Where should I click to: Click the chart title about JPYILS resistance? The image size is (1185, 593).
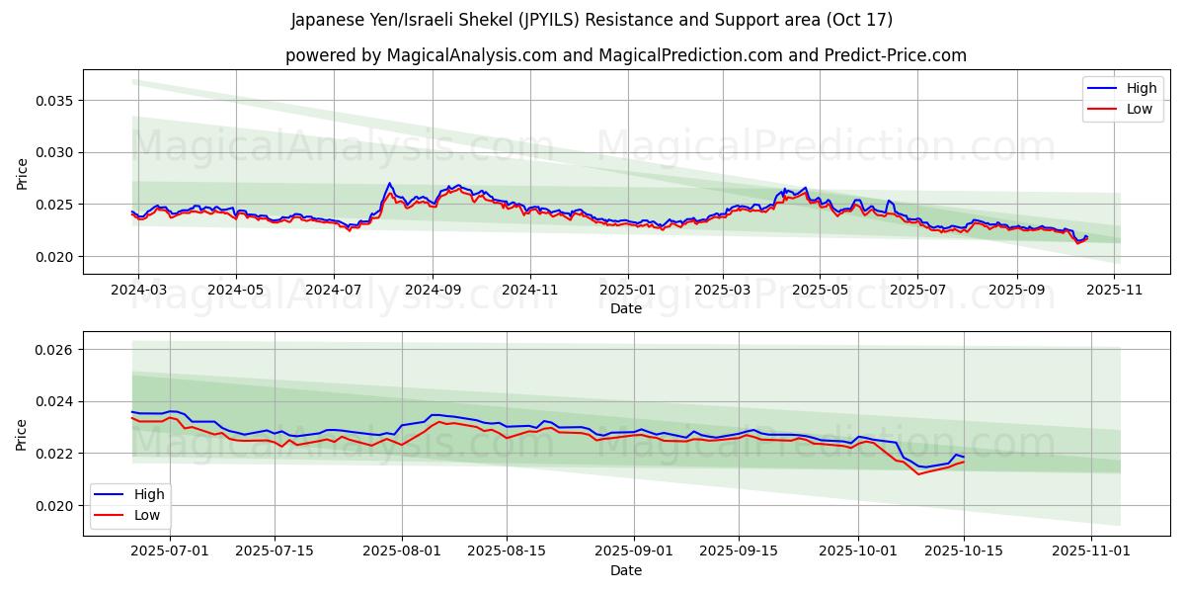coord(592,20)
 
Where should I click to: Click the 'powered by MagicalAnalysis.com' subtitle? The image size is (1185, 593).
coord(625,55)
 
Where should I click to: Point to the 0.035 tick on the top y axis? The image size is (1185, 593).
coord(56,101)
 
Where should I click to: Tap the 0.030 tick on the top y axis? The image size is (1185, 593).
coord(56,152)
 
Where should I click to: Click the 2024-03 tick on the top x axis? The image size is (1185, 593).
coord(137,291)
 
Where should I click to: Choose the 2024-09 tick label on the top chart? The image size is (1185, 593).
coord(433,291)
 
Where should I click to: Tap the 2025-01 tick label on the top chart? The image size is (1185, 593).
coord(628,291)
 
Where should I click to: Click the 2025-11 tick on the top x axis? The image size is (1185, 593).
coord(1114,291)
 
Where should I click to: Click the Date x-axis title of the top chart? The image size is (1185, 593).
coord(625,308)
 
